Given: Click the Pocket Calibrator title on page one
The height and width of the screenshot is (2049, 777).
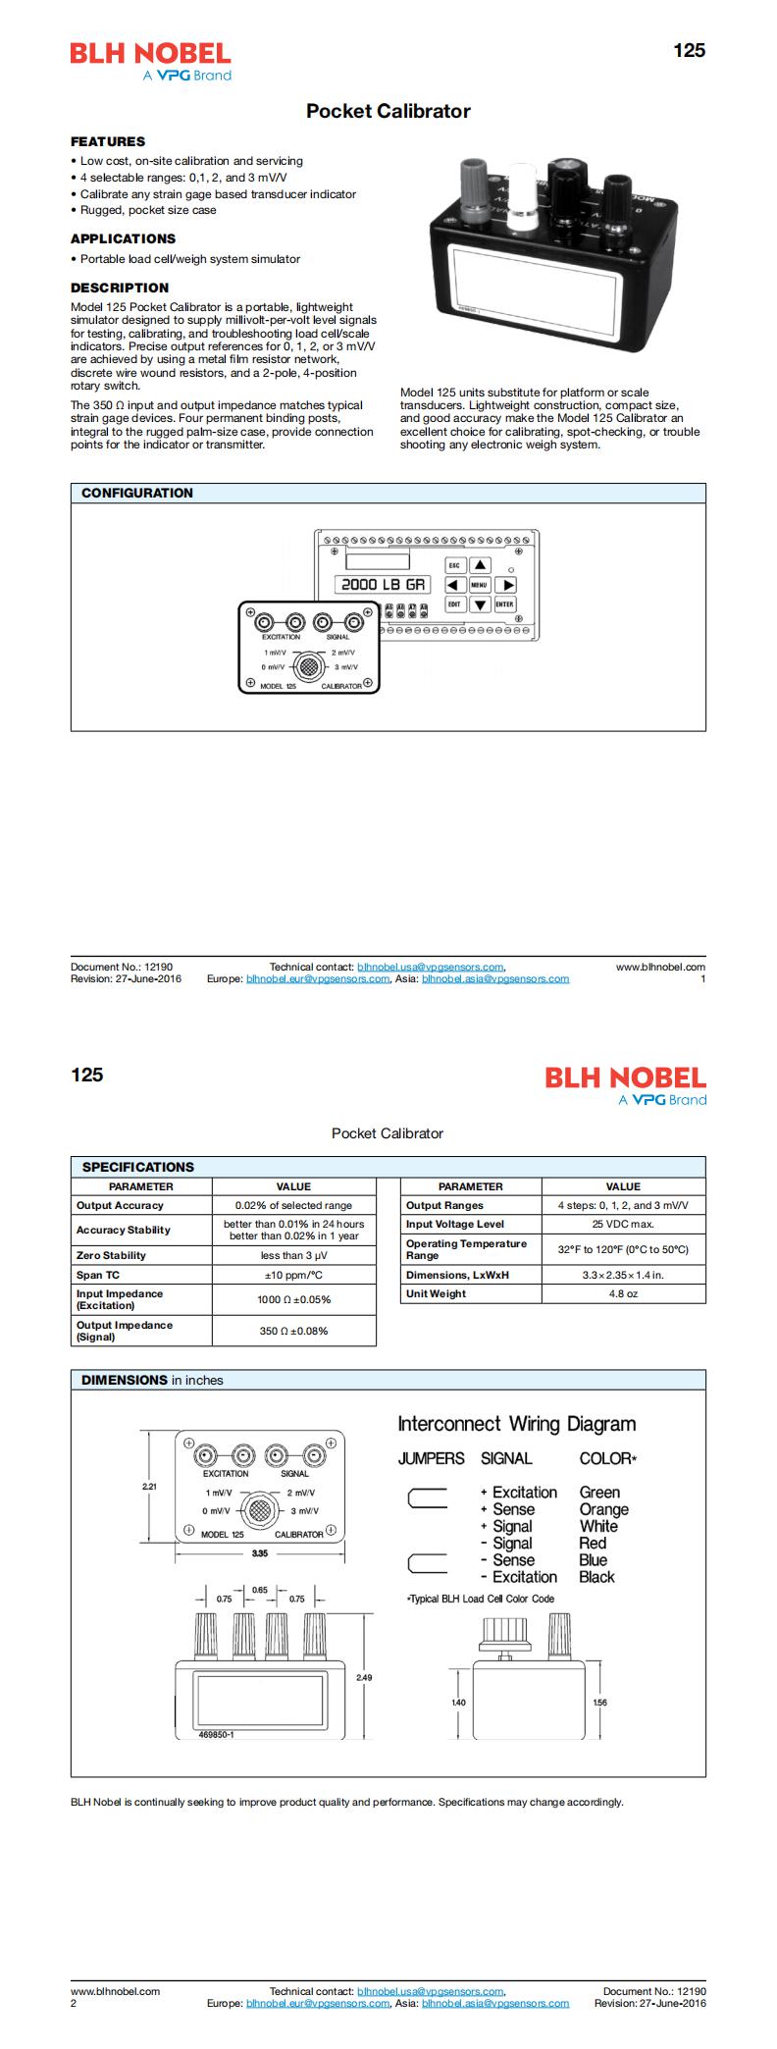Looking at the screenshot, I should coord(388,111).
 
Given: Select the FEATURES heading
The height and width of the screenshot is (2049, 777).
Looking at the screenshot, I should coord(107,141).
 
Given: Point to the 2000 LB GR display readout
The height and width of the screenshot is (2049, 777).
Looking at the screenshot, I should coord(383,584).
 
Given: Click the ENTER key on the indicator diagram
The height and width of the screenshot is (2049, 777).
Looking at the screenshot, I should coord(504,604).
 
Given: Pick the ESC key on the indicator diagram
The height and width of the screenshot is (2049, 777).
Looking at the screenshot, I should coord(454,565).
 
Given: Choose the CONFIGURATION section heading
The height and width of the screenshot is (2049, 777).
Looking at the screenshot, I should coord(136,493).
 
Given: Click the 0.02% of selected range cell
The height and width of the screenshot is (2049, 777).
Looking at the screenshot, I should coord(293,1205).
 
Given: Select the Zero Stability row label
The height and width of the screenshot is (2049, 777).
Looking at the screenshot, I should coord(111,1255).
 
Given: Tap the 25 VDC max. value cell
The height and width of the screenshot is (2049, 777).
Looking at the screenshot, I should coord(623,1224).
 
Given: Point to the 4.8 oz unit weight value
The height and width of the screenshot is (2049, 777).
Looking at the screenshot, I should coord(623,1293).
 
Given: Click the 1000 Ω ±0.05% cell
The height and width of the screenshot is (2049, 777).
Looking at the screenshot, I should coord(293,1299).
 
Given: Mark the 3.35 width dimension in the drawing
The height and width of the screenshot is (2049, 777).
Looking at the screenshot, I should coord(259,1553).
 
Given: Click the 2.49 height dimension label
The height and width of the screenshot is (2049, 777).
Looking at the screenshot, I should coord(364,1677).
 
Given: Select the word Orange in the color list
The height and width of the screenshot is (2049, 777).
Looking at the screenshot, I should coord(603,1509).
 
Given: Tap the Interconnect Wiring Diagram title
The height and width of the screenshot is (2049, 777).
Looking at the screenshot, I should coord(516,1424).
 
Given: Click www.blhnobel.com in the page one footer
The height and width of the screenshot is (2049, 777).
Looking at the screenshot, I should coord(660,967).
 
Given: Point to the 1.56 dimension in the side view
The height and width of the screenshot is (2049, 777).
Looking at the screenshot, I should coord(600,1702).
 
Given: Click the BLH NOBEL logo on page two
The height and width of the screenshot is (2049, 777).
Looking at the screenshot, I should coord(625,1077).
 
